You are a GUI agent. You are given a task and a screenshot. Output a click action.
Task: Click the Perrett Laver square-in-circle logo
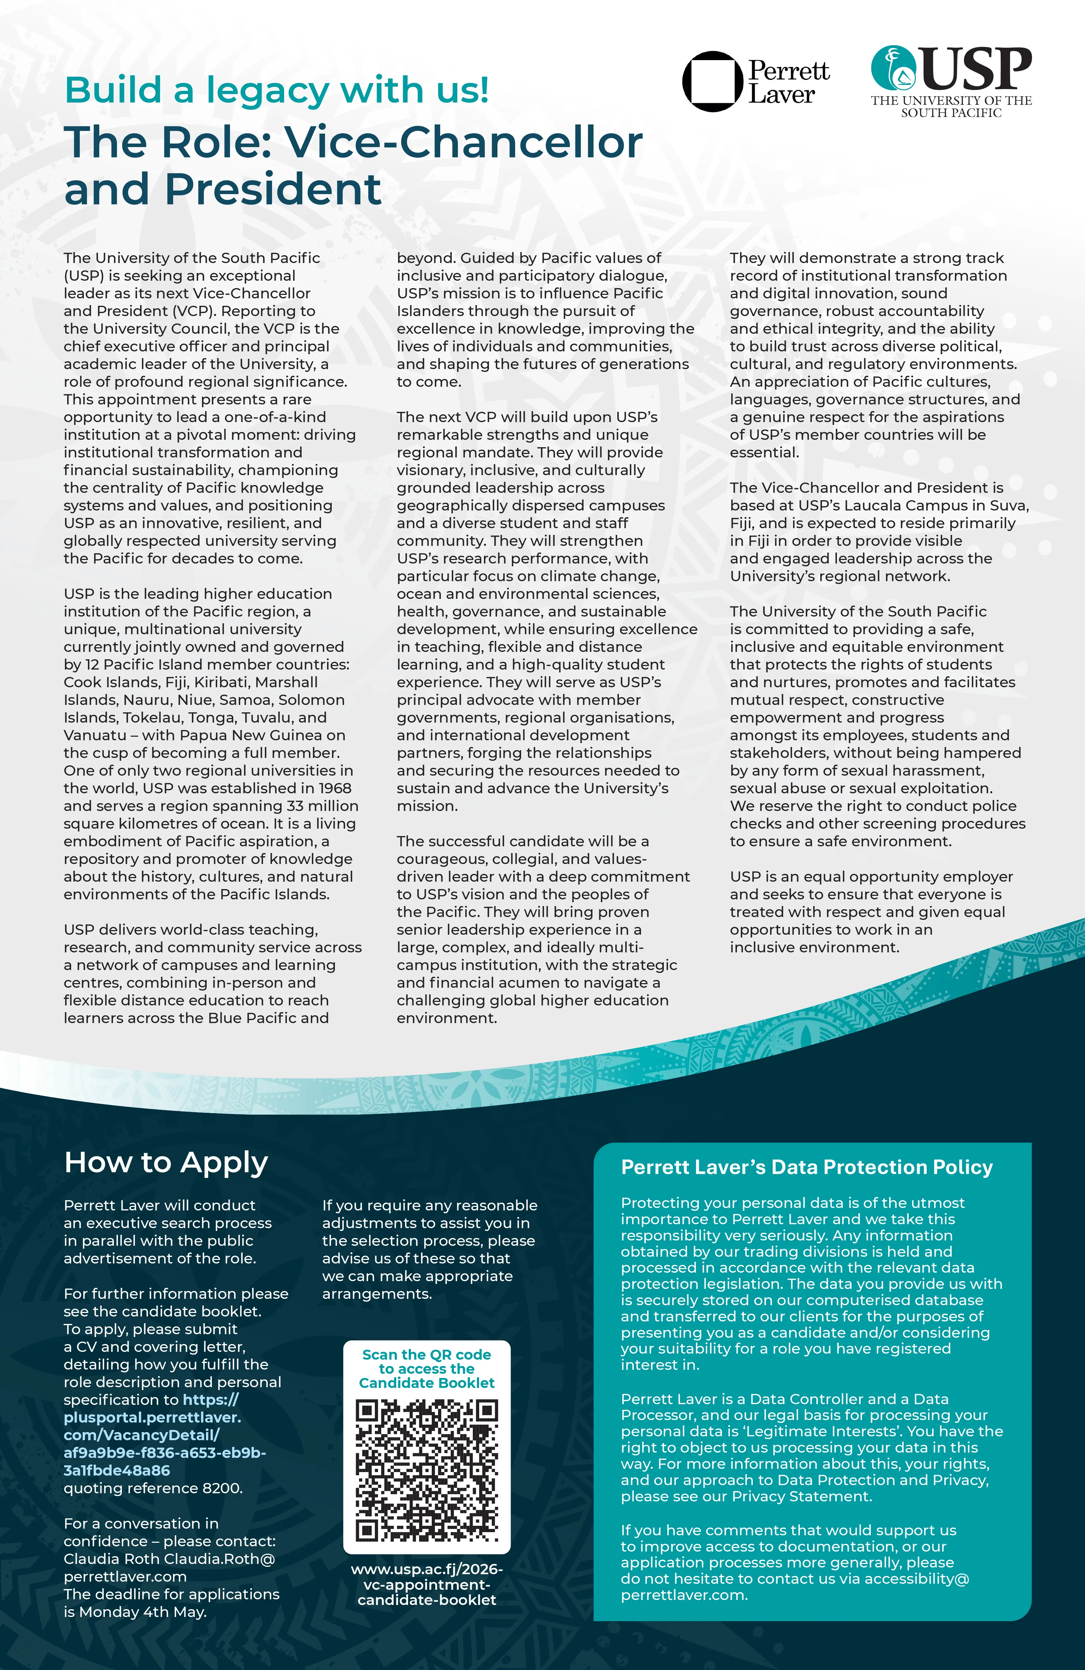pyautogui.click(x=712, y=81)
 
